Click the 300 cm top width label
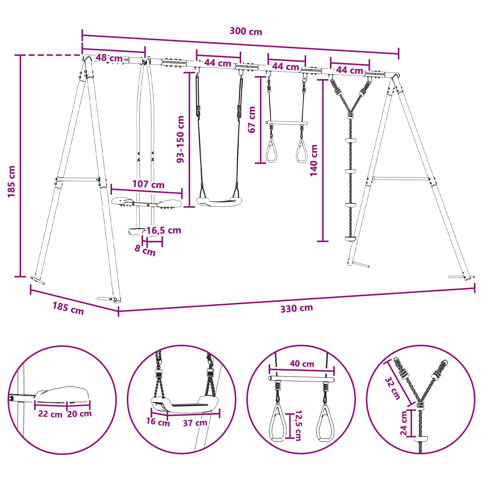tap(246, 31)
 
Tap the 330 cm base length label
tap(296, 309)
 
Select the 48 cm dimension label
tap(109, 58)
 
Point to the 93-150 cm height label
tap(180, 139)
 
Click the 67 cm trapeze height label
tap(251, 120)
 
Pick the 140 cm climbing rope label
tap(314, 160)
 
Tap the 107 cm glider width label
tap(148, 184)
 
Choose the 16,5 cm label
tap(164, 230)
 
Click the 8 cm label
tap(145, 250)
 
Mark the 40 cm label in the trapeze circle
tap(302, 364)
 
